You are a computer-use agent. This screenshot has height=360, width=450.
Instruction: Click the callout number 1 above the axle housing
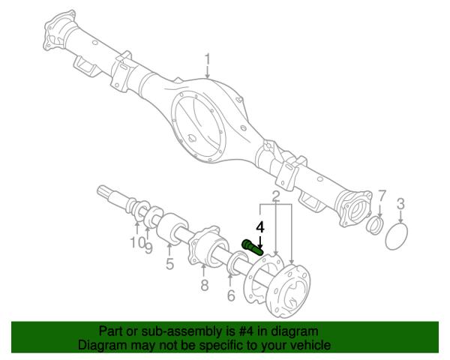coord(208,60)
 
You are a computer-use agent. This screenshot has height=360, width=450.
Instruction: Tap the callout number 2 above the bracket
coord(275,196)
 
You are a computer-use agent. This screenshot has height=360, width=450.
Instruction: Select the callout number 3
coord(400,203)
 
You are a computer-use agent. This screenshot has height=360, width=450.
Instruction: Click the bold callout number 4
coord(260,227)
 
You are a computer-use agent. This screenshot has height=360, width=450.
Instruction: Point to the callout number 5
coord(170,264)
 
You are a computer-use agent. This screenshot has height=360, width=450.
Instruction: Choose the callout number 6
coord(231,295)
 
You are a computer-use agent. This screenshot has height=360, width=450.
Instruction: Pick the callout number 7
coord(382,196)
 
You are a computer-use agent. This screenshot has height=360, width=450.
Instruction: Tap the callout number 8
coord(204,285)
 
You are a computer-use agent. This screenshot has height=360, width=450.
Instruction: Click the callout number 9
coord(148,247)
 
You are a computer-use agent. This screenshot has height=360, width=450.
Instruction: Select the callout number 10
coord(137,242)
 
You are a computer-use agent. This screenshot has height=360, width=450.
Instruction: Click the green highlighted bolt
coord(253,247)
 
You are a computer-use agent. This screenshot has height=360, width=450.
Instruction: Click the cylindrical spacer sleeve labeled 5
coord(172,229)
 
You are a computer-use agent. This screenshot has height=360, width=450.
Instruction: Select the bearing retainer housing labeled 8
coord(208,246)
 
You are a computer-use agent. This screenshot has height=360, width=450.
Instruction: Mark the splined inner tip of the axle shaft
coord(105,191)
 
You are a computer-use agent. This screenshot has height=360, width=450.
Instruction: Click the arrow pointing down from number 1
coord(208,73)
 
